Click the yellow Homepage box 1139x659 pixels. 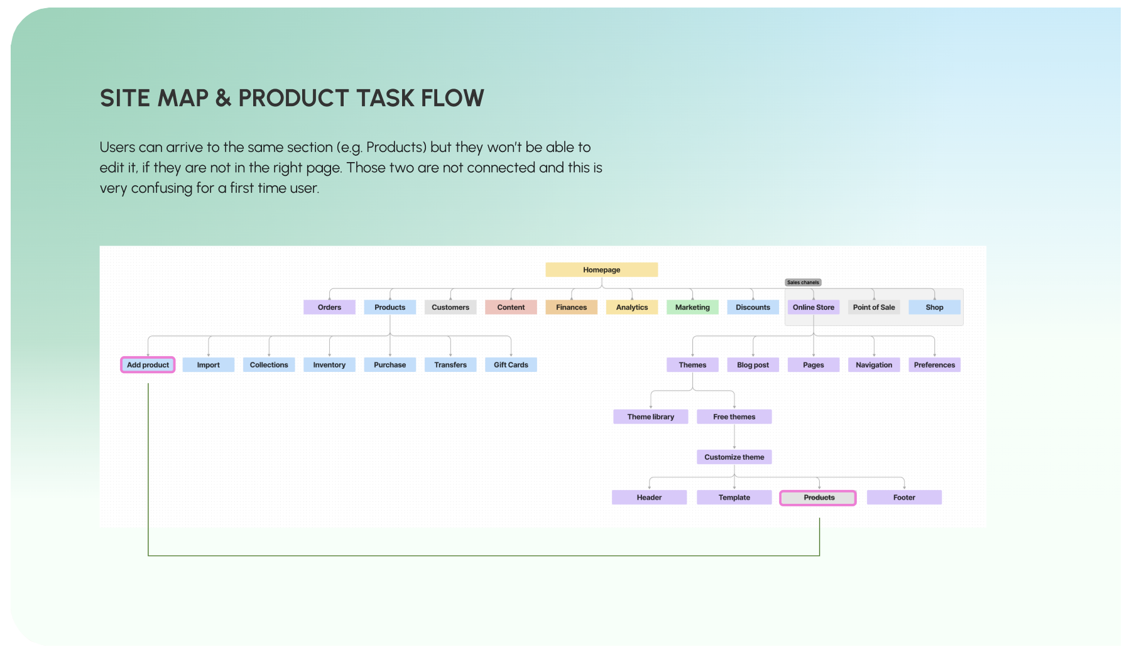pyautogui.click(x=601, y=270)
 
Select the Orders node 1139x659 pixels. pyautogui.click(x=329, y=307)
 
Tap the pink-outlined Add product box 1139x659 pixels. pyautogui.click(x=148, y=365)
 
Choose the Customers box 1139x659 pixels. pyautogui.click(x=450, y=307)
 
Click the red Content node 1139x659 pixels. pyautogui.click(x=511, y=307)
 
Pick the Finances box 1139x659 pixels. pyautogui.click(x=571, y=307)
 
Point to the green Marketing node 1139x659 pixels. pyautogui.click(x=692, y=307)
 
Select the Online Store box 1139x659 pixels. pyautogui.click(x=814, y=307)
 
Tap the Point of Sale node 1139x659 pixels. pyautogui.click(x=874, y=307)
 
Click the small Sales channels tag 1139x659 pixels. pyautogui.click(x=803, y=283)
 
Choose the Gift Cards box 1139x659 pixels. pyautogui.click(x=511, y=365)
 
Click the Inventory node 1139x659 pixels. pyautogui.click(x=329, y=365)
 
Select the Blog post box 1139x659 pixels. pyautogui.click(x=753, y=365)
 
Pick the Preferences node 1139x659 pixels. pyautogui.click(x=934, y=365)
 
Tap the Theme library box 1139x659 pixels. pyautogui.click(x=650, y=417)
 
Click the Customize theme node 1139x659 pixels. pyautogui.click(x=734, y=457)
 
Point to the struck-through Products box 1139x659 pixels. pyautogui.click(x=818, y=498)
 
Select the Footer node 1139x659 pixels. pyautogui.click(x=904, y=498)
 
